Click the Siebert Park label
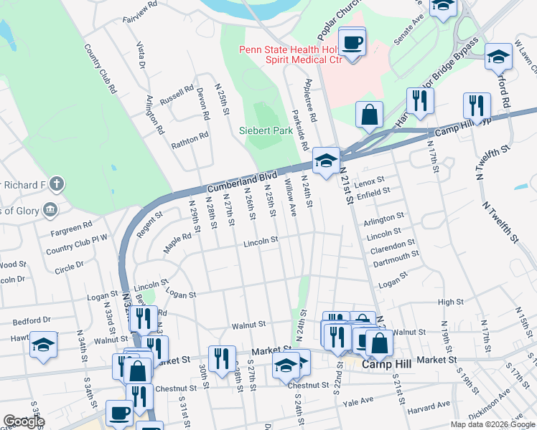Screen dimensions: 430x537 click(x=266, y=131)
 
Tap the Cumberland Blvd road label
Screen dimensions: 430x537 click(x=248, y=177)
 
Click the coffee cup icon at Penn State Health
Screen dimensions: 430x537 click(x=352, y=43)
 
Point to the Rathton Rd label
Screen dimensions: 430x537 click(x=190, y=139)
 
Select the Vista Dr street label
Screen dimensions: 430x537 click(x=141, y=55)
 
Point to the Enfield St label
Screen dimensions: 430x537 click(x=372, y=192)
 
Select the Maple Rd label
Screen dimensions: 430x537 click(x=175, y=234)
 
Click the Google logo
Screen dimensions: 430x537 click(x=24, y=421)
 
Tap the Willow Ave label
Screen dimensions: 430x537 click(x=292, y=200)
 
